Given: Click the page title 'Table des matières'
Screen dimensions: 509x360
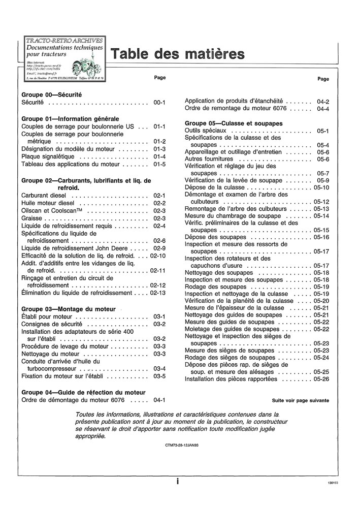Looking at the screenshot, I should point(177,54).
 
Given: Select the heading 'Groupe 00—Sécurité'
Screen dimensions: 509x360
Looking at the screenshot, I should point(52,95).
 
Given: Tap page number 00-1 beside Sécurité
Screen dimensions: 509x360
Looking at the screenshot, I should point(159,103).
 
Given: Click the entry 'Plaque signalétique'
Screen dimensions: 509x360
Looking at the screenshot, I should point(48,157).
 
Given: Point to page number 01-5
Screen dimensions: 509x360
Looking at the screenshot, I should point(159,165).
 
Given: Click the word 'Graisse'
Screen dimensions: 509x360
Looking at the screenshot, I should point(32,218).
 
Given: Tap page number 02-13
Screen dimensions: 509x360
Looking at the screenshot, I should point(158,293).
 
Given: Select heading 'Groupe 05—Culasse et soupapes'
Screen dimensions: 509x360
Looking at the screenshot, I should point(234,123).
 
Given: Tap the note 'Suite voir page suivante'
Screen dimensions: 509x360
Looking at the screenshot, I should point(300,401).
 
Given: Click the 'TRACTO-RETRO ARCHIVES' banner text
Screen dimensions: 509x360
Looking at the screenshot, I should point(63,40).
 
